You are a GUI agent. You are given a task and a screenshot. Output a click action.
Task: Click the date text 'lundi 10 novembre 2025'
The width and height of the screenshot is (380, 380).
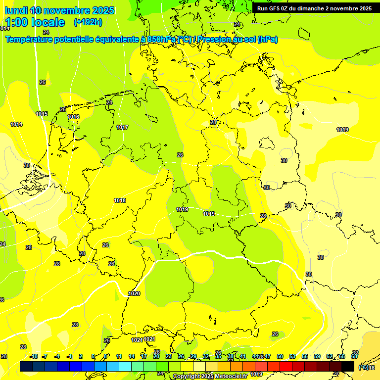pos(59,10)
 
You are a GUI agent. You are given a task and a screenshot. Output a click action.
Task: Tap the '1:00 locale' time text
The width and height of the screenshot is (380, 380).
pos(35,22)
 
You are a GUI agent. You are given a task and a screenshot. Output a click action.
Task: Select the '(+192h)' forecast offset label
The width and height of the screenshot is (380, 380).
pos(88,22)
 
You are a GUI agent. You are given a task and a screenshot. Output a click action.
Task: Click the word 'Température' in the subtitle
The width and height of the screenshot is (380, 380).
pos(30,39)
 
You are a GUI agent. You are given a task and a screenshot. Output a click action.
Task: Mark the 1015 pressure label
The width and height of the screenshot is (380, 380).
pos(42,114)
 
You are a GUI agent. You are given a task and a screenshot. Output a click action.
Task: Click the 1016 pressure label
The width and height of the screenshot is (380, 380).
pos(73,117)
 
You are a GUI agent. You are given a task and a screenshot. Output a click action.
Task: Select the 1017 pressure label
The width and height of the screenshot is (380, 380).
pos(122,128)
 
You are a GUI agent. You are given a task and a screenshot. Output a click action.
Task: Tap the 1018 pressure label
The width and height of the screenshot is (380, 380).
pos(120,200)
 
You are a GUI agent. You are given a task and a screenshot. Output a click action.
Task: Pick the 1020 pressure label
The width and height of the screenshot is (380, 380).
pos(134,293)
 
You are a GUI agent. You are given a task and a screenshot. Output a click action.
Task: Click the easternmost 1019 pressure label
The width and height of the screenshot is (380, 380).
pos(342,130)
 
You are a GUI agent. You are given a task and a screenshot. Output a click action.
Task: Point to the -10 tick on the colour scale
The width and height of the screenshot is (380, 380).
pos(34,356)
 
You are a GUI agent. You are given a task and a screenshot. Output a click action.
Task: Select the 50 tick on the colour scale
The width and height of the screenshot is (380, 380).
pos(280,356)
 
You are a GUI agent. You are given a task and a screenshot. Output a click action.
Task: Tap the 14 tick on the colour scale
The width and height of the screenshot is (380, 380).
pos(132,356)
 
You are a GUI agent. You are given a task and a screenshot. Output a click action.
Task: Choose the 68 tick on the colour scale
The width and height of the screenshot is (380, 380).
pos(354,356)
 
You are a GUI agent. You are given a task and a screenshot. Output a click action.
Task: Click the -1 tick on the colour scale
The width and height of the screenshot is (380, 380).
pos(69,356)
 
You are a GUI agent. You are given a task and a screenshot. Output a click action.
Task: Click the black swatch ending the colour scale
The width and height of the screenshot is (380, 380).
pos(348,366)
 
